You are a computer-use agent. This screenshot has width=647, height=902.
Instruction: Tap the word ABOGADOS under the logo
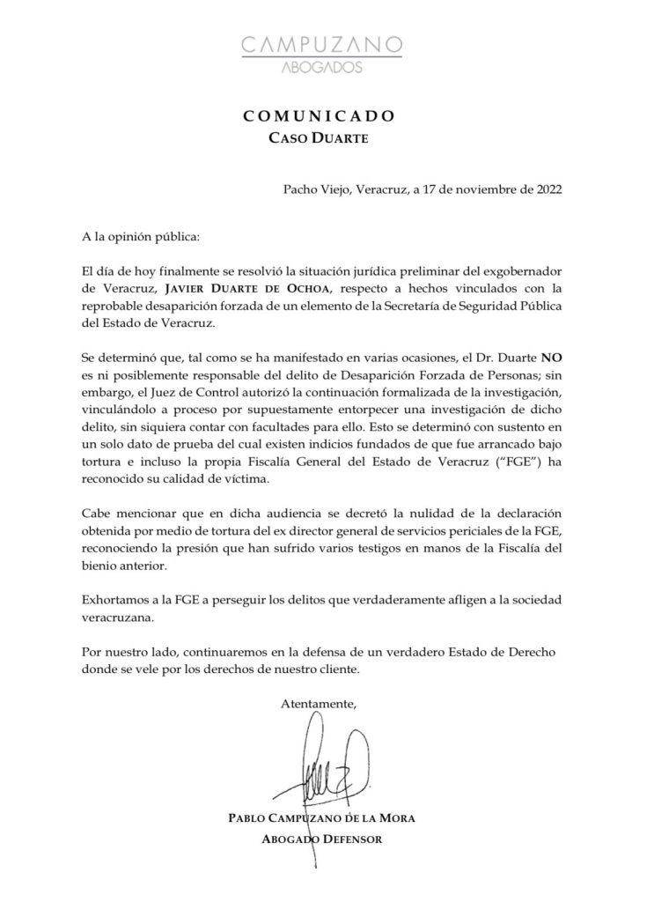click(x=323, y=67)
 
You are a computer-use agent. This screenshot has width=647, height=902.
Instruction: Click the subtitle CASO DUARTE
click(x=323, y=138)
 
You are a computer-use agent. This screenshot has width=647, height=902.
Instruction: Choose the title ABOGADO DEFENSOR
click(x=322, y=839)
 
